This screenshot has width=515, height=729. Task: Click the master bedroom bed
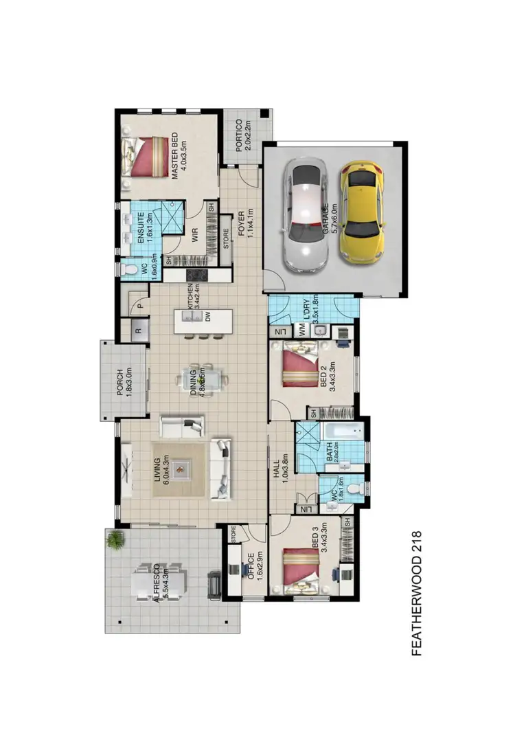pyautogui.click(x=145, y=157)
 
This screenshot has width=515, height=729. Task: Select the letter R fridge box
pyautogui.click(x=137, y=330)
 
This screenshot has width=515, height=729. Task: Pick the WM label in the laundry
pyautogui.click(x=302, y=331)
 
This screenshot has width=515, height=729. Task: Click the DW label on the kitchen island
pyautogui.click(x=207, y=317)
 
